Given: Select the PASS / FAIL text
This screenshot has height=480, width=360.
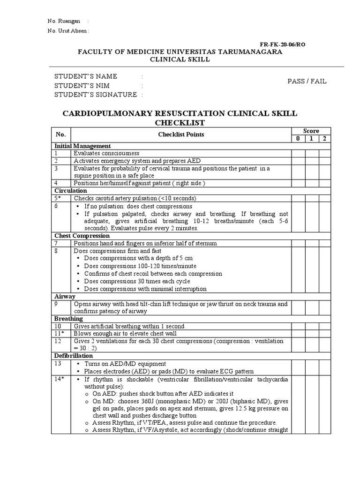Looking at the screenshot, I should [x=307, y=81].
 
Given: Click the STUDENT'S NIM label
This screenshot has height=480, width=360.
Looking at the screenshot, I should [x=82, y=85].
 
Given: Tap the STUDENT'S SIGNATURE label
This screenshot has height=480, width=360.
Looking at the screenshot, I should [x=96, y=94].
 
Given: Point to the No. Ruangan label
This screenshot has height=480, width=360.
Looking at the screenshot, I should [x=64, y=21].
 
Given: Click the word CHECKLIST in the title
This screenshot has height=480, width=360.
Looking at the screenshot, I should [x=180, y=122].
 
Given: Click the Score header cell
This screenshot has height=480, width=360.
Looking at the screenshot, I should [x=311, y=131].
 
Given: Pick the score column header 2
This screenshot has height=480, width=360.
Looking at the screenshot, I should [x=324, y=138].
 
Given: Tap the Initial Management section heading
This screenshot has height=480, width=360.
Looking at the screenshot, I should [x=82, y=146].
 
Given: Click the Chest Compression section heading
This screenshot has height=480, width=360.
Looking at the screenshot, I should [x=82, y=236].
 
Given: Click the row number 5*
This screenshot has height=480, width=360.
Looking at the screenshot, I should [x=58, y=198].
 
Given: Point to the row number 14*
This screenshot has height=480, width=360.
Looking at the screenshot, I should [x=59, y=379].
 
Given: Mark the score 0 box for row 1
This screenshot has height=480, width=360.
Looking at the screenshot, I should [x=298, y=153].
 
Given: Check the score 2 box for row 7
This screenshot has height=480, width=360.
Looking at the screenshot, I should [x=324, y=243].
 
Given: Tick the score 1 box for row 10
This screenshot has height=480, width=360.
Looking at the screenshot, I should [x=311, y=326].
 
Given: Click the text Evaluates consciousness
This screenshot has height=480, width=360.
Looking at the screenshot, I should [x=106, y=153].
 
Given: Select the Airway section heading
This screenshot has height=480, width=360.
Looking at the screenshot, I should [x=65, y=296].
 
